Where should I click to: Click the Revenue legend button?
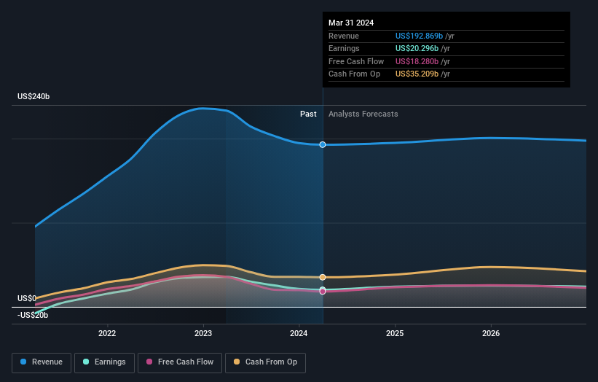(42, 362)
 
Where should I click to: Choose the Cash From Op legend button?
(267, 362)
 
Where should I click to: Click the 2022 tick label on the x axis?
(107, 333)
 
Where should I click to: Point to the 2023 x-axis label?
(203, 333)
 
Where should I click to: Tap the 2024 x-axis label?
(299, 333)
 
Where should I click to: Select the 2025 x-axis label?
(395, 333)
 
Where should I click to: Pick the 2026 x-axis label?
(491, 333)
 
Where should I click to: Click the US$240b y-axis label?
(34, 96)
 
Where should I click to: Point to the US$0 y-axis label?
(27, 298)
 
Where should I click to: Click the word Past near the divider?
(308, 114)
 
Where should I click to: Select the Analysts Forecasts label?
(363, 114)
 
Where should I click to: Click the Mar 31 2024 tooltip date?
(351, 23)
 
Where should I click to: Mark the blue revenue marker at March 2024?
(323, 144)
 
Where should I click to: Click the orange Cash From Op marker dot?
(323, 277)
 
